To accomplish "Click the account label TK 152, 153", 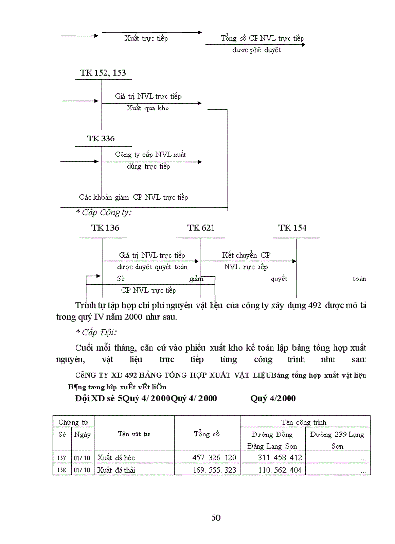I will coord(103,73).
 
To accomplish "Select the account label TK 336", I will coord(101,139).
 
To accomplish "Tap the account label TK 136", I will coord(105,228).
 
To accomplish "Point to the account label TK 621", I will coord(201,228).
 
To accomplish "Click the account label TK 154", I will coord(292,228).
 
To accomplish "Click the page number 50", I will coord(216,517).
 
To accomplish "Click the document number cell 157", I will coord(62,457).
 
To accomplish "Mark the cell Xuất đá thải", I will coord(116,470).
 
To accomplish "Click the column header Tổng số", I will coord(207,434).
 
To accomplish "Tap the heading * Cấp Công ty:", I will coord(104,212).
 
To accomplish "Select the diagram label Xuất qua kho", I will coord(148,108).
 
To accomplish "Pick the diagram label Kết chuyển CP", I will coord(246,255).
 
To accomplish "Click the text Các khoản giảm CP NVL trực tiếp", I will coord(134,197).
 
